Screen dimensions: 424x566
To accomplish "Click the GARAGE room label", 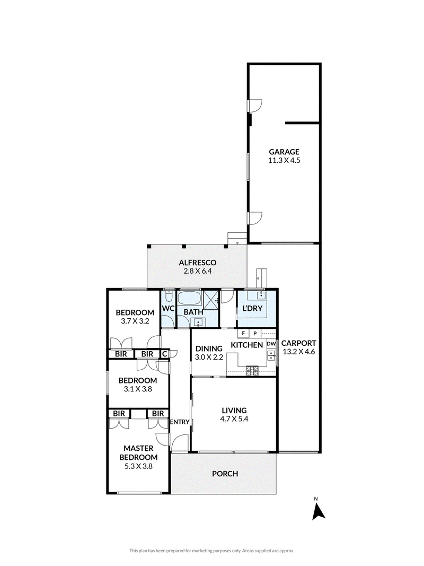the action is click(284, 152).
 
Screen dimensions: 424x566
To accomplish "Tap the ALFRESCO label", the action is click(198, 263).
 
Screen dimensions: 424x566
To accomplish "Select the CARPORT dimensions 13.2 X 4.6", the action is click(298, 352).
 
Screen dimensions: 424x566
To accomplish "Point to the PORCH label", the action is click(225, 474).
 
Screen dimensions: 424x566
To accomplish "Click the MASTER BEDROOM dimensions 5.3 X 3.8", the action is click(138, 466).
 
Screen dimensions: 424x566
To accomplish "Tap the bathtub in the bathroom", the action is click(189, 299).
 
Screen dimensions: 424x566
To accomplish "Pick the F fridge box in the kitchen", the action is click(243, 333).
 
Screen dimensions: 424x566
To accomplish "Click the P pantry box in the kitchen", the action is click(255, 333).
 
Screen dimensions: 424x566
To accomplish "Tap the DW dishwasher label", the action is click(271, 344).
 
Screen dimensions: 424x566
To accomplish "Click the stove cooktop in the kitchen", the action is click(252, 369).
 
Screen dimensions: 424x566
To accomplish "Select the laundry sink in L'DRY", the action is click(261, 295).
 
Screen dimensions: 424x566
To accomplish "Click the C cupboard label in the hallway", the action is click(164, 354).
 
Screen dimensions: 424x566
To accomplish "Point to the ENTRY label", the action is click(180, 422).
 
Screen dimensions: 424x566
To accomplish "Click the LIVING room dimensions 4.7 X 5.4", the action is click(234, 419).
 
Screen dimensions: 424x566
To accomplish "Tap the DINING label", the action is click(209, 349).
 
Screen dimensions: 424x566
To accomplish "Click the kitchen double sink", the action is click(271, 355).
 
